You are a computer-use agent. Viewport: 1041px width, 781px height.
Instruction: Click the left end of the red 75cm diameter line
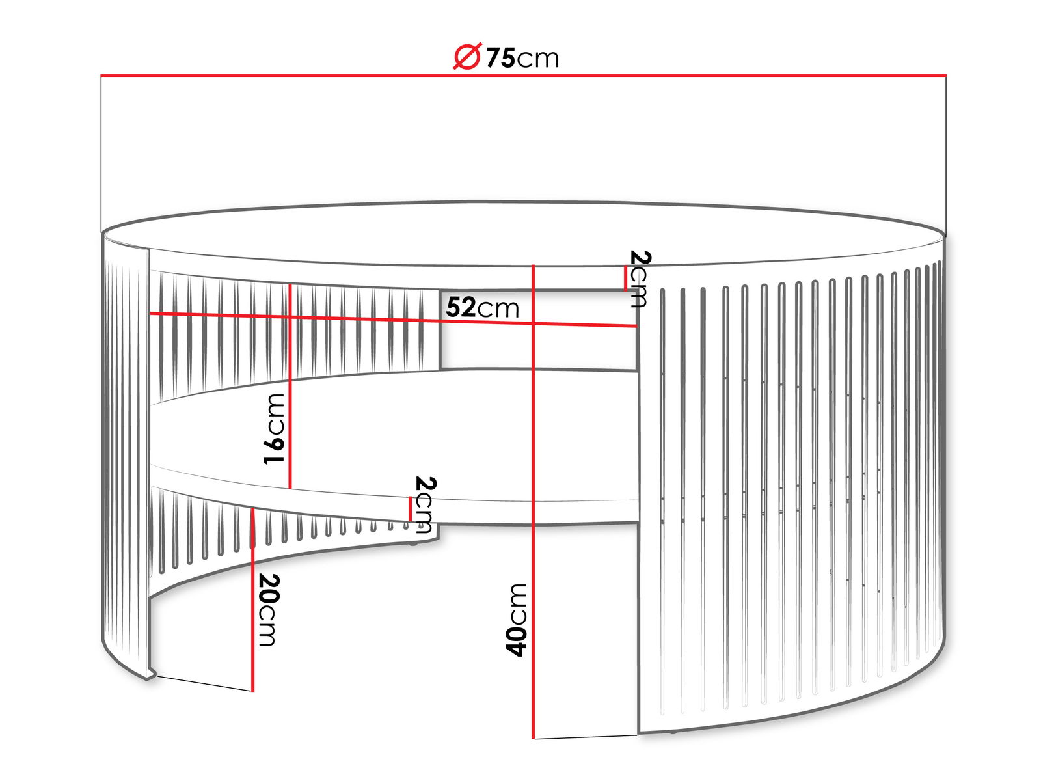pyautogui.click(x=101, y=75)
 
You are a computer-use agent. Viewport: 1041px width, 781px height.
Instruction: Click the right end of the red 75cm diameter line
pyautogui.click(x=946, y=75)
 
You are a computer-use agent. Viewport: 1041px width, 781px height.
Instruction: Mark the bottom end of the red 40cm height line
pyautogui.click(x=534, y=738)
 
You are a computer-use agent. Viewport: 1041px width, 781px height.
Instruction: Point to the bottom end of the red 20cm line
pyautogui.click(x=252, y=691)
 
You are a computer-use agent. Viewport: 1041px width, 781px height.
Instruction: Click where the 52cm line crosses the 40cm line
pyautogui.click(x=534, y=323)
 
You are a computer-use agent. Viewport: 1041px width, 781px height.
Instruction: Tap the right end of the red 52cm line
pyautogui.click(x=636, y=326)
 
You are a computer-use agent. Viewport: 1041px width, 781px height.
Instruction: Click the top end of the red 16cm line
pyautogui.click(x=290, y=284)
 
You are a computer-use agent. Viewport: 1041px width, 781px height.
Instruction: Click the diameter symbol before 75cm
pyautogui.click(x=468, y=56)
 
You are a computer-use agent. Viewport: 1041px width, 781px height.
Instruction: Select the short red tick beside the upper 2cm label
pyautogui.click(x=625, y=279)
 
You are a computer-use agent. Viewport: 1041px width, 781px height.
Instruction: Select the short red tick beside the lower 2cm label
pyautogui.click(x=411, y=508)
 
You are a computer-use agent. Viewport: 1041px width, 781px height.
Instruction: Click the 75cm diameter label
pyautogui.click(x=506, y=57)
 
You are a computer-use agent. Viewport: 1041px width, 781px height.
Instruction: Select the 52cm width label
pyautogui.click(x=482, y=307)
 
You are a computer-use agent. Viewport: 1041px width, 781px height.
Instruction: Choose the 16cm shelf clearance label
pyautogui.click(x=275, y=429)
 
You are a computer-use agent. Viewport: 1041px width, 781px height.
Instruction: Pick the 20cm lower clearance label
pyautogui.click(x=269, y=610)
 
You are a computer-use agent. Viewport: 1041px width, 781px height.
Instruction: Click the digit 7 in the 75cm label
pyautogui.click(x=493, y=58)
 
